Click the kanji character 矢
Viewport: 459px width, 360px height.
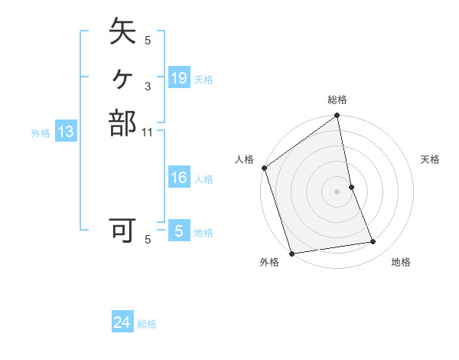tap(122, 33)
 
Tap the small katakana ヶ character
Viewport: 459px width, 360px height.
tap(122, 77)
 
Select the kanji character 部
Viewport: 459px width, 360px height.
tap(122, 123)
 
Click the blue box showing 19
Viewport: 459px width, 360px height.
tap(178, 77)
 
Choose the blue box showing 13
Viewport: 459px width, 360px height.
tap(66, 132)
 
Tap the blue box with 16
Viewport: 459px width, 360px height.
tap(178, 178)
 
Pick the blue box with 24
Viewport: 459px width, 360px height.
tap(122, 322)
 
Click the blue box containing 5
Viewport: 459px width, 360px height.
tap(178, 231)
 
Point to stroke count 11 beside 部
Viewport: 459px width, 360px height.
tap(148, 132)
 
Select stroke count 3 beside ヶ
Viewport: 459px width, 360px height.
tap(148, 87)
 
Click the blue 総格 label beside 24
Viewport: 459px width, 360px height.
tap(147, 324)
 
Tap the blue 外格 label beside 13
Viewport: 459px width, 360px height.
tap(41, 133)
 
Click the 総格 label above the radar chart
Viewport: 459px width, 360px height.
tap(337, 100)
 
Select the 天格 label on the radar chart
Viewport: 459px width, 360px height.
tap(431, 159)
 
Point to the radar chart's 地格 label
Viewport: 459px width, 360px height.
tap(401, 262)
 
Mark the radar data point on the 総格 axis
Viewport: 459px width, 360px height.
tap(337, 116)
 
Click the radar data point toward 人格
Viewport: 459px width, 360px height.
tap(265, 168)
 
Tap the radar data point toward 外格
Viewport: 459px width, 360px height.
tap(292, 254)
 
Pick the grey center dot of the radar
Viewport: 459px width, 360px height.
tap(337, 191)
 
